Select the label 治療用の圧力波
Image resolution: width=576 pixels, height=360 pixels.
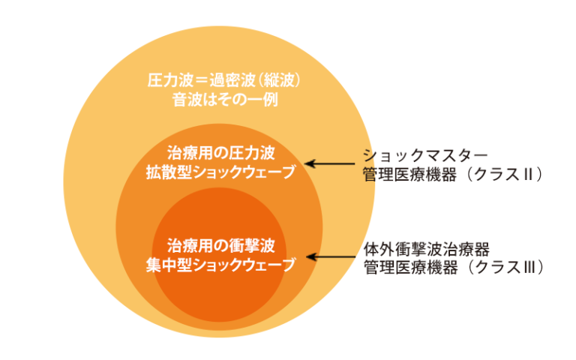[220, 153]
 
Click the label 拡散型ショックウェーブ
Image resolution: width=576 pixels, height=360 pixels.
[220, 172]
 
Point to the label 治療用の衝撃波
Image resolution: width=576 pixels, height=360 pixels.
[220, 245]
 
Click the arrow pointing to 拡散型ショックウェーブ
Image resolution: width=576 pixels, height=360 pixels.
[323, 163]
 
